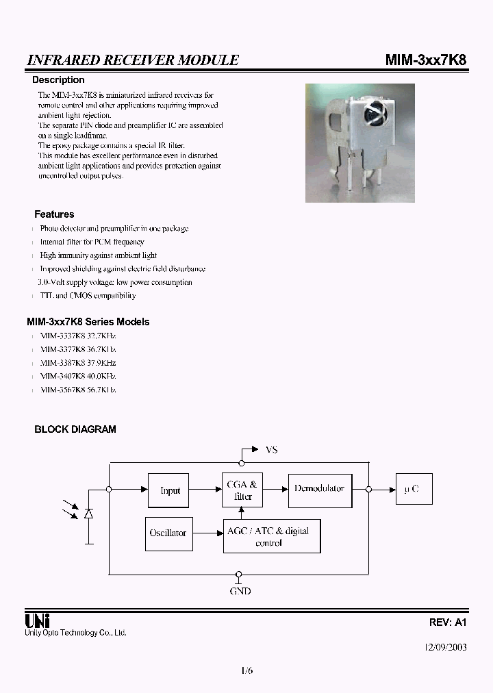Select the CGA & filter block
[x=242, y=490]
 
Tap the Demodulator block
[x=319, y=489]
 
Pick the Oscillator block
[x=168, y=533]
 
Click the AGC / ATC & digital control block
[x=272, y=536]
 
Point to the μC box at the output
[x=412, y=490]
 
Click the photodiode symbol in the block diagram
[x=89, y=512]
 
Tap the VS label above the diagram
[x=272, y=450]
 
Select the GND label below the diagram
[x=240, y=590]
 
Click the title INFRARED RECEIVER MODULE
[x=133, y=60]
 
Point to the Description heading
[x=58, y=80]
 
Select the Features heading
[x=54, y=214]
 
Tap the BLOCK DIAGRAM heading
[x=75, y=429]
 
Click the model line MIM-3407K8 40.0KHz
[x=77, y=376]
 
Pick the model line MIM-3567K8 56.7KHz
[x=77, y=390]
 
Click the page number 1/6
[x=247, y=671]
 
